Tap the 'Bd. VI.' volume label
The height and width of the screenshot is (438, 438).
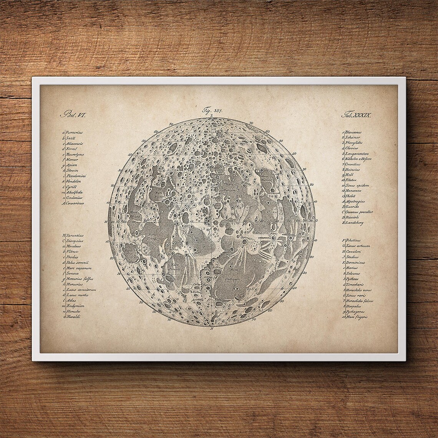click(x=69, y=114)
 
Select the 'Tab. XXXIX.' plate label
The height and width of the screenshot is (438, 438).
click(x=355, y=114)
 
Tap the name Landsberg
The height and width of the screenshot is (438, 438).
click(x=354, y=222)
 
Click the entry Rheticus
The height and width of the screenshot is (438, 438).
click(x=352, y=240)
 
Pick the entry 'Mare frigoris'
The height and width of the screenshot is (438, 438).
click(x=356, y=317)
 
